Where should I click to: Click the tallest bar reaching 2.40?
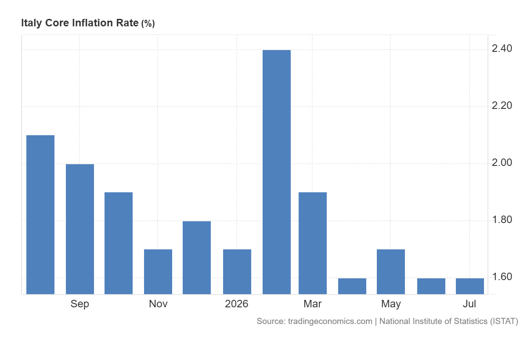(x=276, y=172)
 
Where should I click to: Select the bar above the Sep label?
(x=80, y=229)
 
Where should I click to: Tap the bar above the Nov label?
(x=158, y=272)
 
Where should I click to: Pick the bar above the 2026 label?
(x=237, y=272)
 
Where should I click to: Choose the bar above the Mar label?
(x=313, y=243)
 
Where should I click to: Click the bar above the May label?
(x=391, y=272)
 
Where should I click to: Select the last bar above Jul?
(x=470, y=286)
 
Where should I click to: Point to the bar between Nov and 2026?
(x=197, y=258)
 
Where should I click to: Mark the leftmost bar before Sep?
(x=40, y=215)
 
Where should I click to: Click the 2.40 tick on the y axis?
(x=502, y=48)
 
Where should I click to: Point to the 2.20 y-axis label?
(x=502, y=105)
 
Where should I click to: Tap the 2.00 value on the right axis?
(x=502, y=163)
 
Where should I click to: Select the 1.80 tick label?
(x=502, y=220)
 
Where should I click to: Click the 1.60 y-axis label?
(x=502, y=277)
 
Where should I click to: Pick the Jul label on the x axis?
(x=469, y=304)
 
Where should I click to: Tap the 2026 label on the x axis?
(x=236, y=304)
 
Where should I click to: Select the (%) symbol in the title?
(x=148, y=24)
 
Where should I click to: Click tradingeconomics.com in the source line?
(x=330, y=321)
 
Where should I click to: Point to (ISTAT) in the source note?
(x=504, y=321)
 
